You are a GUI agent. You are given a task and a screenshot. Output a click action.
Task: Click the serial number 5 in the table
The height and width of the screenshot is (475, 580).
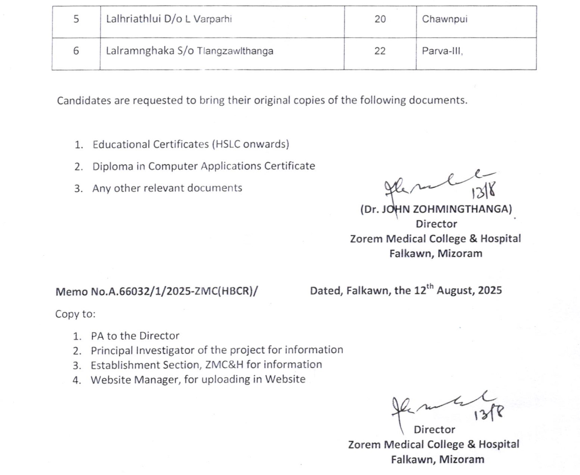(76, 19)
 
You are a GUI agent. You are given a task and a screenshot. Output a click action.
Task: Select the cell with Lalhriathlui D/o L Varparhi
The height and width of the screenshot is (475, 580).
(169, 19)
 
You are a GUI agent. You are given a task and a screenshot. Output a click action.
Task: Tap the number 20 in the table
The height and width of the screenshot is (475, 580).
(380, 19)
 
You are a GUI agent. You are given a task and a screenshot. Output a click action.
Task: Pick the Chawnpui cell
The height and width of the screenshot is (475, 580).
(444, 19)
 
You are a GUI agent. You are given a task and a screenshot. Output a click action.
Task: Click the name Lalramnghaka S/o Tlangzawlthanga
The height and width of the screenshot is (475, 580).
(190, 51)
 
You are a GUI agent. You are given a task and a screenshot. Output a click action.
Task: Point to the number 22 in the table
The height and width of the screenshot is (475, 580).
(380, 51)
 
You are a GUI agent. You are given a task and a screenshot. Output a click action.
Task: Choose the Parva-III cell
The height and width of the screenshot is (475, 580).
(442, 51)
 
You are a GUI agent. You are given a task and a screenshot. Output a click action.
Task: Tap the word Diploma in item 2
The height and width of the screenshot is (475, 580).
(113, 166)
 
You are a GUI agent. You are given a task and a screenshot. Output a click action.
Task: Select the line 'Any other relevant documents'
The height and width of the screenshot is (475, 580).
(167, 188)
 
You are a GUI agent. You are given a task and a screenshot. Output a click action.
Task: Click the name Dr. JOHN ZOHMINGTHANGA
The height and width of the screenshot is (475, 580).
(436, 209)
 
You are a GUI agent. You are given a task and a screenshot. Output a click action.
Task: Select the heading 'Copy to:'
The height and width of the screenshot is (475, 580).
(75, 314)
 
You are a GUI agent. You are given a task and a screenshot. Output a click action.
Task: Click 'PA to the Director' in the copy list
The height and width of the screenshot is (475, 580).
(135, 336)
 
